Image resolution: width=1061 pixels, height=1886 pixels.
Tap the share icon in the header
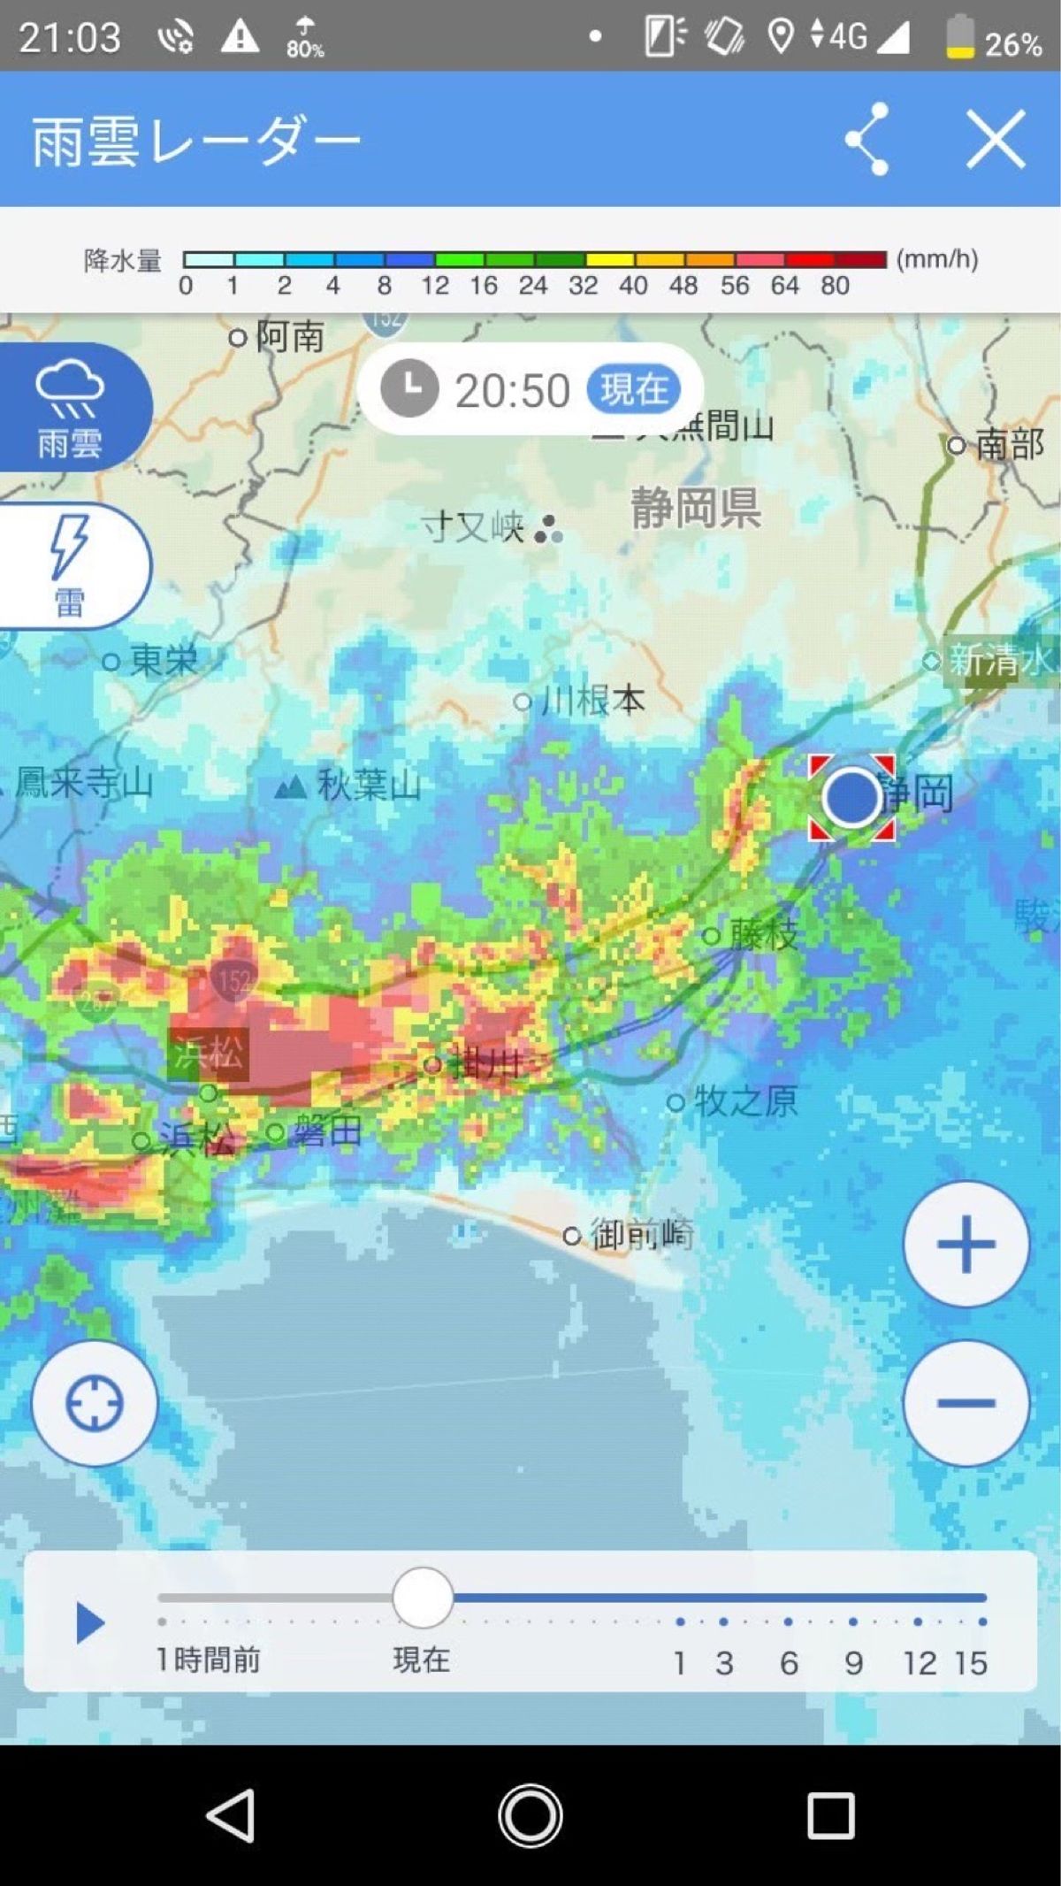pos(867,139)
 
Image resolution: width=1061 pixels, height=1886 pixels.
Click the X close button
pos(996,139)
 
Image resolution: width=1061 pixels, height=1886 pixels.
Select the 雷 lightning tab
pos(71,566)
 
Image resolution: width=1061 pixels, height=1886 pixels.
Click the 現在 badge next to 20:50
pos(633,389)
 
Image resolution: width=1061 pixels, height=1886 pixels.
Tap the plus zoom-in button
pos(966,1244)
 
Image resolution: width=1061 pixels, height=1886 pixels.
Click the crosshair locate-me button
pos(95,1403)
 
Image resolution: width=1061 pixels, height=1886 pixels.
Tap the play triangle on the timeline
pos(89,1623)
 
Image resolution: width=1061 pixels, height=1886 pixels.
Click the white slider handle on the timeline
pos(423,1598)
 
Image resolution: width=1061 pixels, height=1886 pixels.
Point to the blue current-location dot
pos(851,797)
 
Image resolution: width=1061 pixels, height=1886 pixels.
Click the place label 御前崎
pos(641,1234)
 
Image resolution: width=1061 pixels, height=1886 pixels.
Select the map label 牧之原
pos(744,1101)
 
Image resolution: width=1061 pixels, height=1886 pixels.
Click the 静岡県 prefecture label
pos(695,508)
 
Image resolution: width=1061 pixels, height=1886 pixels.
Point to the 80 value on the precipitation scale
pos(835,286)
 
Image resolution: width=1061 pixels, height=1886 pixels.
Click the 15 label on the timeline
pos(970,1663)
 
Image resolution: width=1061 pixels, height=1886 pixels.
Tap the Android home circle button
pos(530,1815)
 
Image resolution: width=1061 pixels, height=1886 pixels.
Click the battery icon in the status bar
pos(960,37)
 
